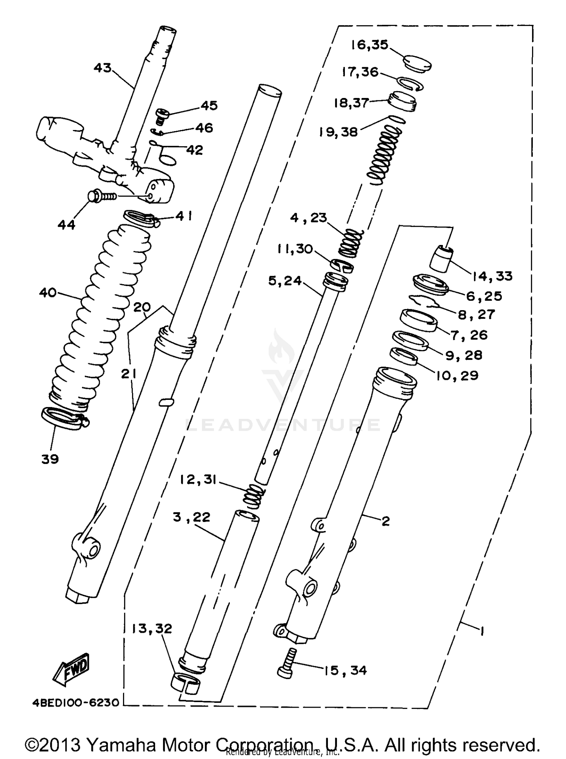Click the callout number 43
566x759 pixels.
pos(103,68)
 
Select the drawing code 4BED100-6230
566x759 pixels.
pos(75,702)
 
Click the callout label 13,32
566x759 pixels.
pos(152,628)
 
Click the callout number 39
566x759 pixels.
pos(50,459)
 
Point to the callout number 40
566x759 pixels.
pos(48,292)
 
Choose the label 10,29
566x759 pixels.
pos(457,375)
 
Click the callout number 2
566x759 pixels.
pos(385,521)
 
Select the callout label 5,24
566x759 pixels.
pos(285,281)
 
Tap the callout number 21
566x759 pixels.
pos(128,374)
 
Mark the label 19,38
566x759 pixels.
pos(338,132)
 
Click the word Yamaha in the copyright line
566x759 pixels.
pos(125,745)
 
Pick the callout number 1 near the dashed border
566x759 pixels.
pos(481,630)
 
